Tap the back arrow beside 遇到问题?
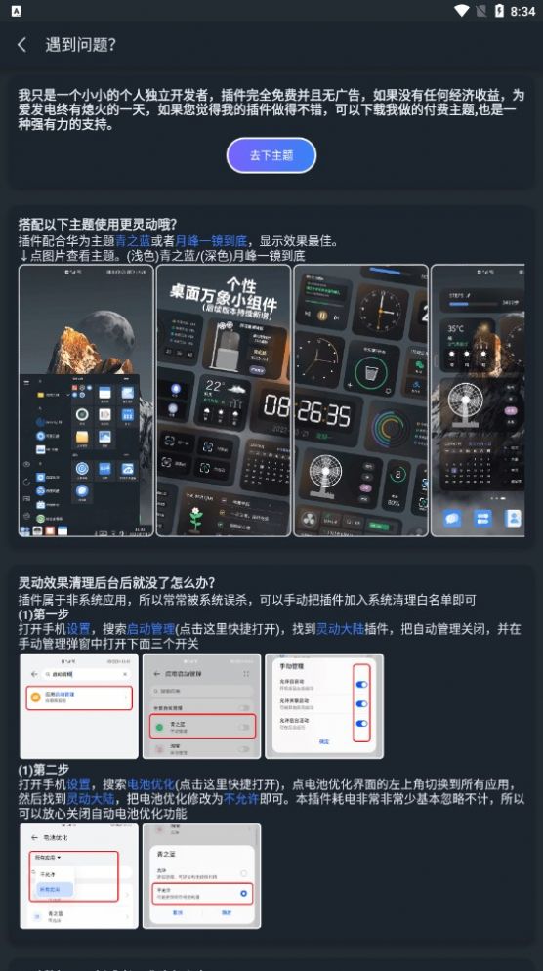pyautogui.click(x=21, y=45)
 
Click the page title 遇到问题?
pyautogui.click(x=81, y=45)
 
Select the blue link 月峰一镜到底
pyautogui.click(x=211, y=241)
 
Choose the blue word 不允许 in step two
pyautogui.click(x=240, y=798)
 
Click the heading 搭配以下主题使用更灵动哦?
pyautogui.click(x=98, y=224)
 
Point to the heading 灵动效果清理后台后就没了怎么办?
pyautogui.click(x=116, y=583)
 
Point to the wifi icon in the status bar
pyautogui.click(x=461, y=11)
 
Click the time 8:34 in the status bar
pyautogui.click(x=522, y=12)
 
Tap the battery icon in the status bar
pyautogui.click(x=498, y=11)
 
